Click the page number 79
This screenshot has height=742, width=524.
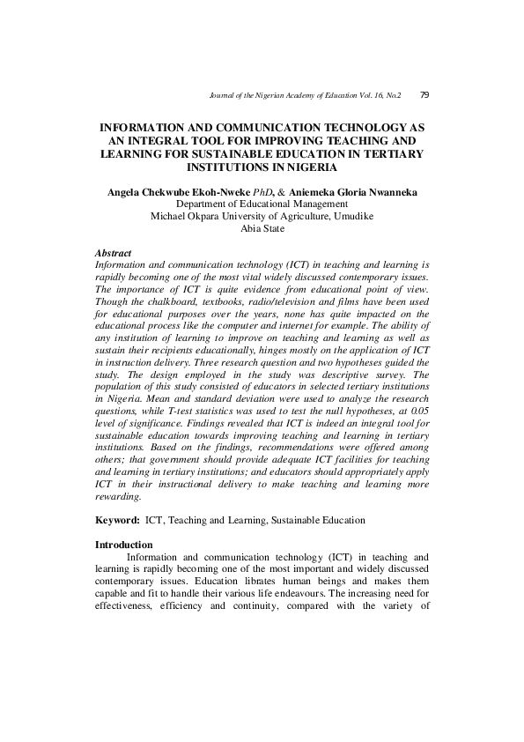(424, 94)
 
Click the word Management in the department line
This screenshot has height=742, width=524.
(305, 202)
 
